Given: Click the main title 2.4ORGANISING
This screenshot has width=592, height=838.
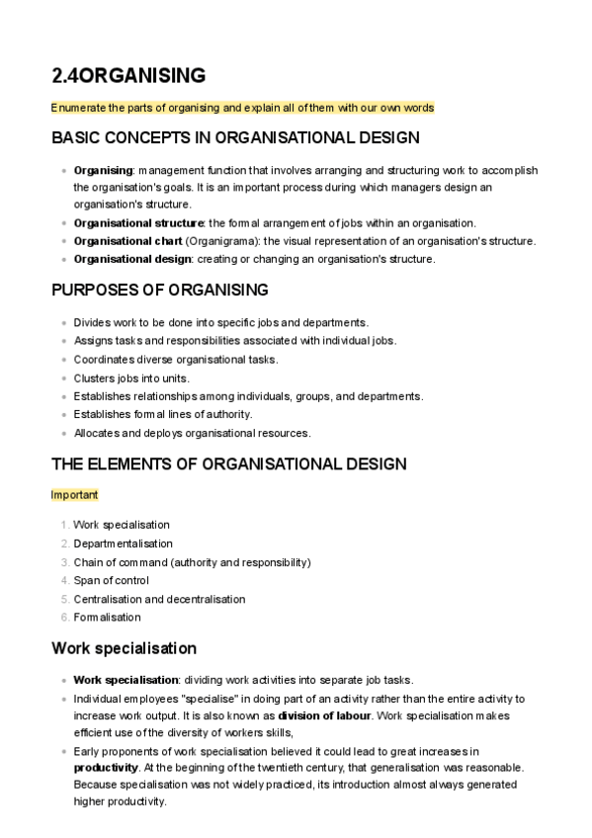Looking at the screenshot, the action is [128, 76].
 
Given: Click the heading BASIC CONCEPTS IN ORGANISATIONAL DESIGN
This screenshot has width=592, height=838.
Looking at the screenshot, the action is [235, 137].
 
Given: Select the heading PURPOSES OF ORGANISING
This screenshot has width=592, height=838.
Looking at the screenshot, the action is [159, 290].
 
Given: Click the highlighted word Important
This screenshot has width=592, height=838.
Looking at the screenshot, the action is [74, 494].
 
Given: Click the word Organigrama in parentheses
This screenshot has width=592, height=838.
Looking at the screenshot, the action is [221, 241].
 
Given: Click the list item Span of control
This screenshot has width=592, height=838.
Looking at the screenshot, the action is [111, 580].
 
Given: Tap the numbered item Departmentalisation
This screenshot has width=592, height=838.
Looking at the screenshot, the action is [123, 544].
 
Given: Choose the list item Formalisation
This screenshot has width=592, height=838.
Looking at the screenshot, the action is [107, 617].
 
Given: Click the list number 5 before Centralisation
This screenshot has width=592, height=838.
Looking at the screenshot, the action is [65, 599].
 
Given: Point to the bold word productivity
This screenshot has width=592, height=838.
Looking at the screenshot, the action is [106, 767].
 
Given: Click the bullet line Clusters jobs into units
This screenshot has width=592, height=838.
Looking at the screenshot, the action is [131, 377].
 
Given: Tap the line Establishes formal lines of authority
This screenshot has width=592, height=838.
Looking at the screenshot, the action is [162, 414].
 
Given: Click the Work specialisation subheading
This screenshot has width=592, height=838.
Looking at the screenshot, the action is [124, 648].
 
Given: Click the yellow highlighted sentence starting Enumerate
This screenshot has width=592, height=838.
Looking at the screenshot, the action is [243, 107].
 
